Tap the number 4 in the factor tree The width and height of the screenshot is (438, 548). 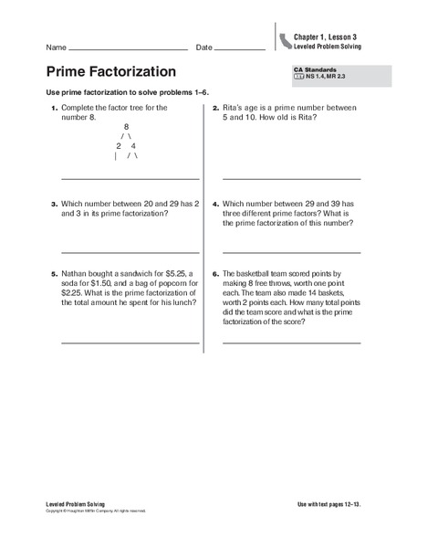(133, 146)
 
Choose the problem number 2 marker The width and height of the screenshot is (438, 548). (214, 109)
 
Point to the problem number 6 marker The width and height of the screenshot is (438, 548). (214, 273)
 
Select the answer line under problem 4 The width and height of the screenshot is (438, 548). (291, 251)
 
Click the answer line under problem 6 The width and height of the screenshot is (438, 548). (291, 342)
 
